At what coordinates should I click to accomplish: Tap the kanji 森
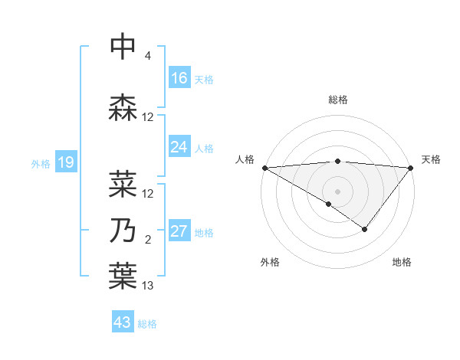(x=123, y=107)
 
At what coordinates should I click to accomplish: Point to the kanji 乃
(x=123, y=230)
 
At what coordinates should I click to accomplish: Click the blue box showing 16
(x=179, y=78)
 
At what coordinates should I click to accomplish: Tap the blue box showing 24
(x=179, y=147)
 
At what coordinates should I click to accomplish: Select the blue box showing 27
(x=179, y=231)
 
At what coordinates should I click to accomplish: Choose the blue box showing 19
(x=65, y=162)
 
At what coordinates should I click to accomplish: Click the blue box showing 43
(x=123, y=322)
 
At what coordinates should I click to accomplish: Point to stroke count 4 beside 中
(x=147, y=56)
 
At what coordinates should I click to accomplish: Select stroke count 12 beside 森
(x=148, y=117)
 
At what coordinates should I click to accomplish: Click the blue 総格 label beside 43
(x=147, y=324)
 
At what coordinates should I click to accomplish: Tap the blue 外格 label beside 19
(x=41, y=163)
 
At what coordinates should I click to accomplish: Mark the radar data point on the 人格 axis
(x=264, y=168)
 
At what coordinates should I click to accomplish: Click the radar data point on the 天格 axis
(x=411, y=168)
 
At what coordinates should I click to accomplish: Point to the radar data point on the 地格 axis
(x=365, y=229)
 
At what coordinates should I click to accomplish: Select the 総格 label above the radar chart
(x=337, y=100)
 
